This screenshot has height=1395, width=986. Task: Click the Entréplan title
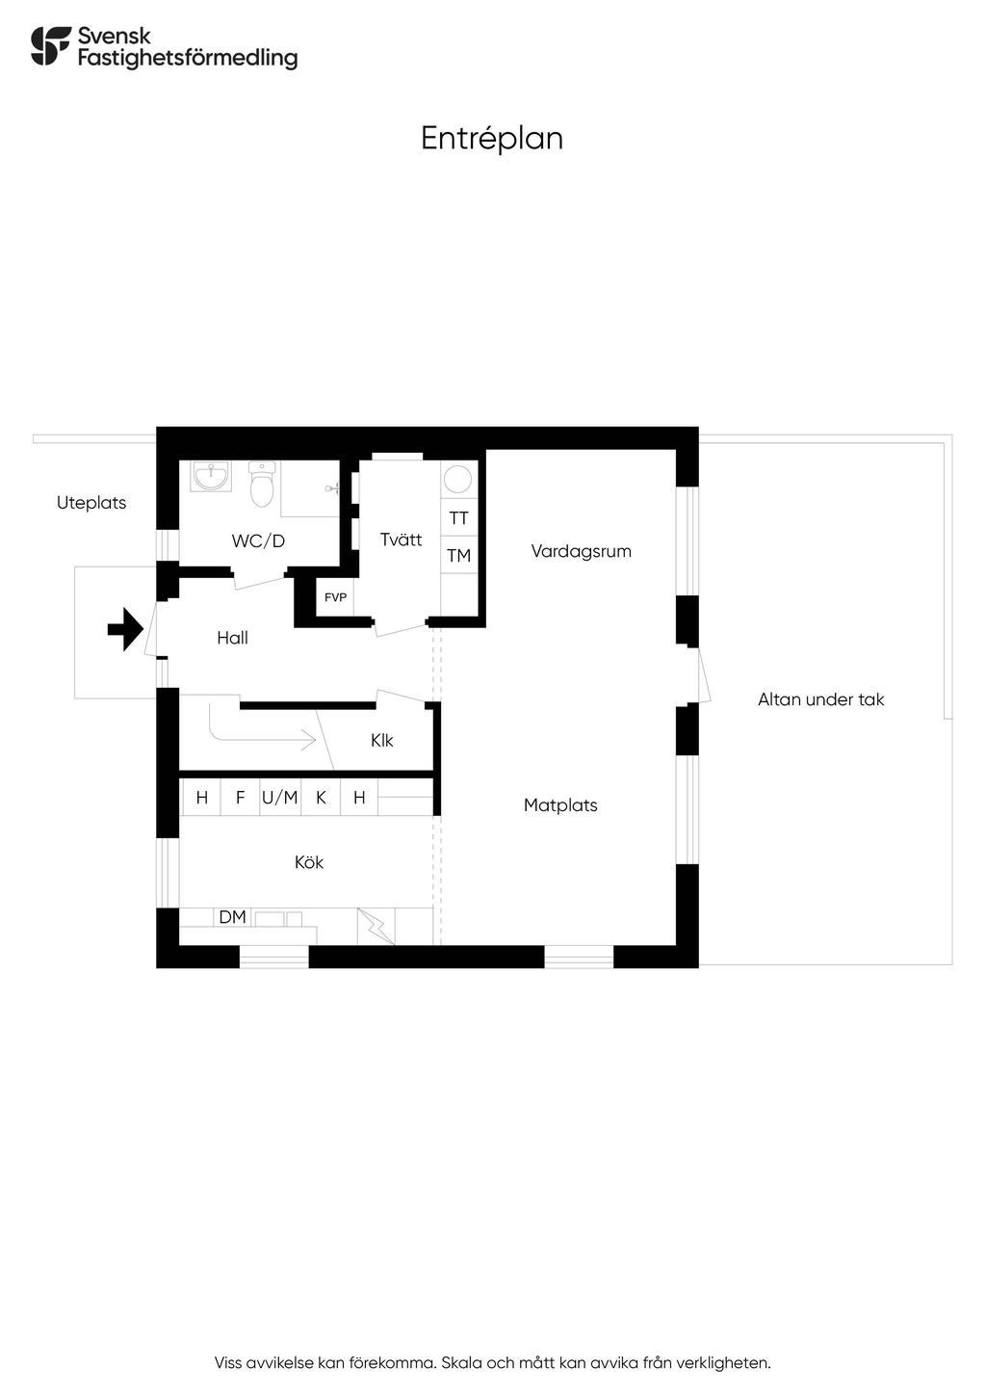tap(492, 139)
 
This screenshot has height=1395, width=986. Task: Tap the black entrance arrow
tap(125, 630)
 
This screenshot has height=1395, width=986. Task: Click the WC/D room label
tap(258, 541)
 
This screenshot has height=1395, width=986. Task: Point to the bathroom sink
tap(211, 476)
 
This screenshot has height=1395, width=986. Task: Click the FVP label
tap(335, 598)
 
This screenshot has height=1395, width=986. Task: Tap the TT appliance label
tap(459, 518)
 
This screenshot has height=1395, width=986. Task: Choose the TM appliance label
tap(459, 556)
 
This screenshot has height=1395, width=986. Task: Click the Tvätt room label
tap(401, 540)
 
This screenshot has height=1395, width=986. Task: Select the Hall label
tap(232, 638)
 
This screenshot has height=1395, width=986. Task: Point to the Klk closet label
tap(382, 741)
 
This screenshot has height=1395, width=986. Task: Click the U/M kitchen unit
tap(280, 798)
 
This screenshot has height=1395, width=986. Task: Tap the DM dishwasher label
tap(232, 917)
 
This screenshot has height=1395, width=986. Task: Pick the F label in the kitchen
tap(241, 798)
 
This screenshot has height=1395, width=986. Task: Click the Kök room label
tap(309, 862)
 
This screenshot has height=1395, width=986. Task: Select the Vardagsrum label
tap(581, 552)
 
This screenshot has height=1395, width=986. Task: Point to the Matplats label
tap(560, 805)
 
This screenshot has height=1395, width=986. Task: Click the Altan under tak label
tap(820, 700)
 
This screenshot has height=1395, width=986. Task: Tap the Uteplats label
tap(91, 503)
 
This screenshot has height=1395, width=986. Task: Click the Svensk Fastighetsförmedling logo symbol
tap(51, 46)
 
